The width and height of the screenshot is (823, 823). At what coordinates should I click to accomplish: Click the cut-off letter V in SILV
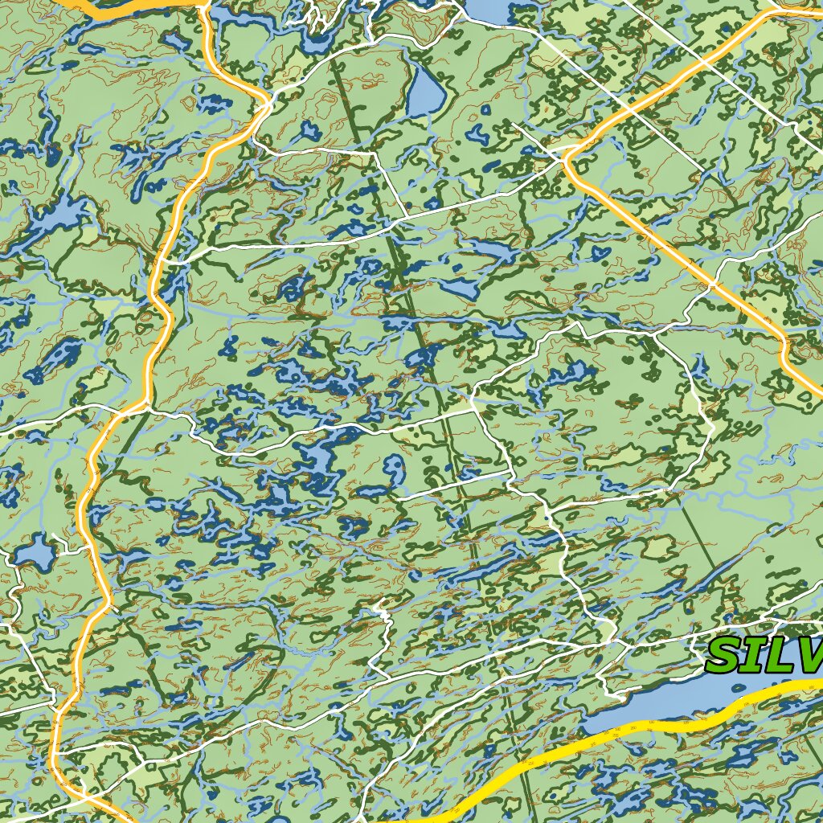[x=813, y=656]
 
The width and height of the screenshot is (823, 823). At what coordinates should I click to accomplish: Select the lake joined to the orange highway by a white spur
[x=34, y=553]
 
